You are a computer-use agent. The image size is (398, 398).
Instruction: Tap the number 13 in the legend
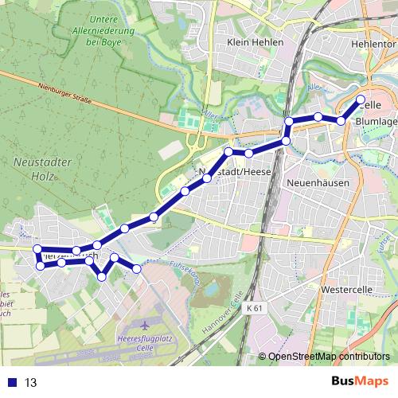click(32, 382)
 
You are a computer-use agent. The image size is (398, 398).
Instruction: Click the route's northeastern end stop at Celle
click(361, 100)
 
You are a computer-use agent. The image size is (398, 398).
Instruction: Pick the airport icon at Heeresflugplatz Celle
click(143, 326)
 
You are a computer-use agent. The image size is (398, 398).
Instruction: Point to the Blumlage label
click(376, 121)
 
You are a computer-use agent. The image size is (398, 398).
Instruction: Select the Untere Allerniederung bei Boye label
click(115, 32)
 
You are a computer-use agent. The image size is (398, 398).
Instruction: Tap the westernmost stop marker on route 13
click(37, 249)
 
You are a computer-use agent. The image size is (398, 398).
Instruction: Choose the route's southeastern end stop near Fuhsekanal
click(137, 269)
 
